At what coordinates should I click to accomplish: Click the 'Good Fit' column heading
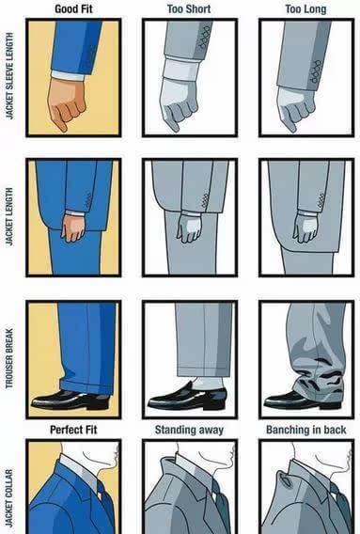click(73, 8)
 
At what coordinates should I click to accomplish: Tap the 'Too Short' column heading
click(189, 8)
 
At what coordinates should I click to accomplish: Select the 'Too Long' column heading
click(305, 8)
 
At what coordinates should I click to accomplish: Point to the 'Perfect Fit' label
click(73, 430)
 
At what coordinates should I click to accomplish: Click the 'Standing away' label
click(189, 430)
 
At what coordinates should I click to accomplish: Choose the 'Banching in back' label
click(305, 430)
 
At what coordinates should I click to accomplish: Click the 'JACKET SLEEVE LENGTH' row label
click(10, 76)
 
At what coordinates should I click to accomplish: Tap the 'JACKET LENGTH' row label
click(10, 216)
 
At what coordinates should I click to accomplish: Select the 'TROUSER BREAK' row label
click(10, 358)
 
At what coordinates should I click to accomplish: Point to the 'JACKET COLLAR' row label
click(10, 498)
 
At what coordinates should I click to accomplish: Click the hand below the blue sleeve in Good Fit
click(66, 103)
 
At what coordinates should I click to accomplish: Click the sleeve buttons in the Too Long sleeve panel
click(316, 71)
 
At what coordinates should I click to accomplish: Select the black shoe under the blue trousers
click(70, 400)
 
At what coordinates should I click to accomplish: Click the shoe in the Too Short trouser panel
click(187, 398)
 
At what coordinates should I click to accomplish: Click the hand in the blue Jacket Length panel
click(74, 228)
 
